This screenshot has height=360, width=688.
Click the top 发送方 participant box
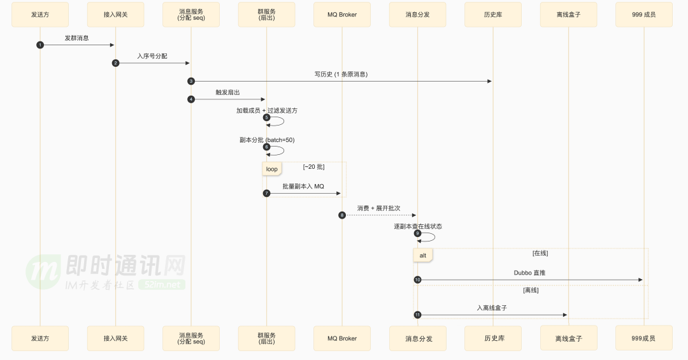40,15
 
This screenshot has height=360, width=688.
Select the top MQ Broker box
342,15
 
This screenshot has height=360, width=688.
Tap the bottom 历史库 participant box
493,338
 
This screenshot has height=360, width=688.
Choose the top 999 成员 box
644,15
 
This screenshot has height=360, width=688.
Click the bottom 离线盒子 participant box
569,338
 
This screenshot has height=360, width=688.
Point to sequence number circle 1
40,45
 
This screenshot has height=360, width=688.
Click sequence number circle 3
191,81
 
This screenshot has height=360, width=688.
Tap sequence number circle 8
342,215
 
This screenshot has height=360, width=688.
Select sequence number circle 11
418,315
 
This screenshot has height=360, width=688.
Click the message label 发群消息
77,38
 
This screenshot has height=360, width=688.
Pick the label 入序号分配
152,56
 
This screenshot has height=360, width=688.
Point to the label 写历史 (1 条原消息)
341,75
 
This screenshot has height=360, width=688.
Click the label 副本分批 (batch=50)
267,140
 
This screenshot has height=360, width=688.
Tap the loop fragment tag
272,169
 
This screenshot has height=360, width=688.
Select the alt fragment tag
423,256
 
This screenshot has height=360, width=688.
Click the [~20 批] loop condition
313,167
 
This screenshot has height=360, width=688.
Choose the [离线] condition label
531,290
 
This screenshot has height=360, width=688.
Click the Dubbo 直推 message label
529,273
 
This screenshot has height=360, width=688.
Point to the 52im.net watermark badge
162,284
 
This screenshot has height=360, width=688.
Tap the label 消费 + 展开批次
378,208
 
